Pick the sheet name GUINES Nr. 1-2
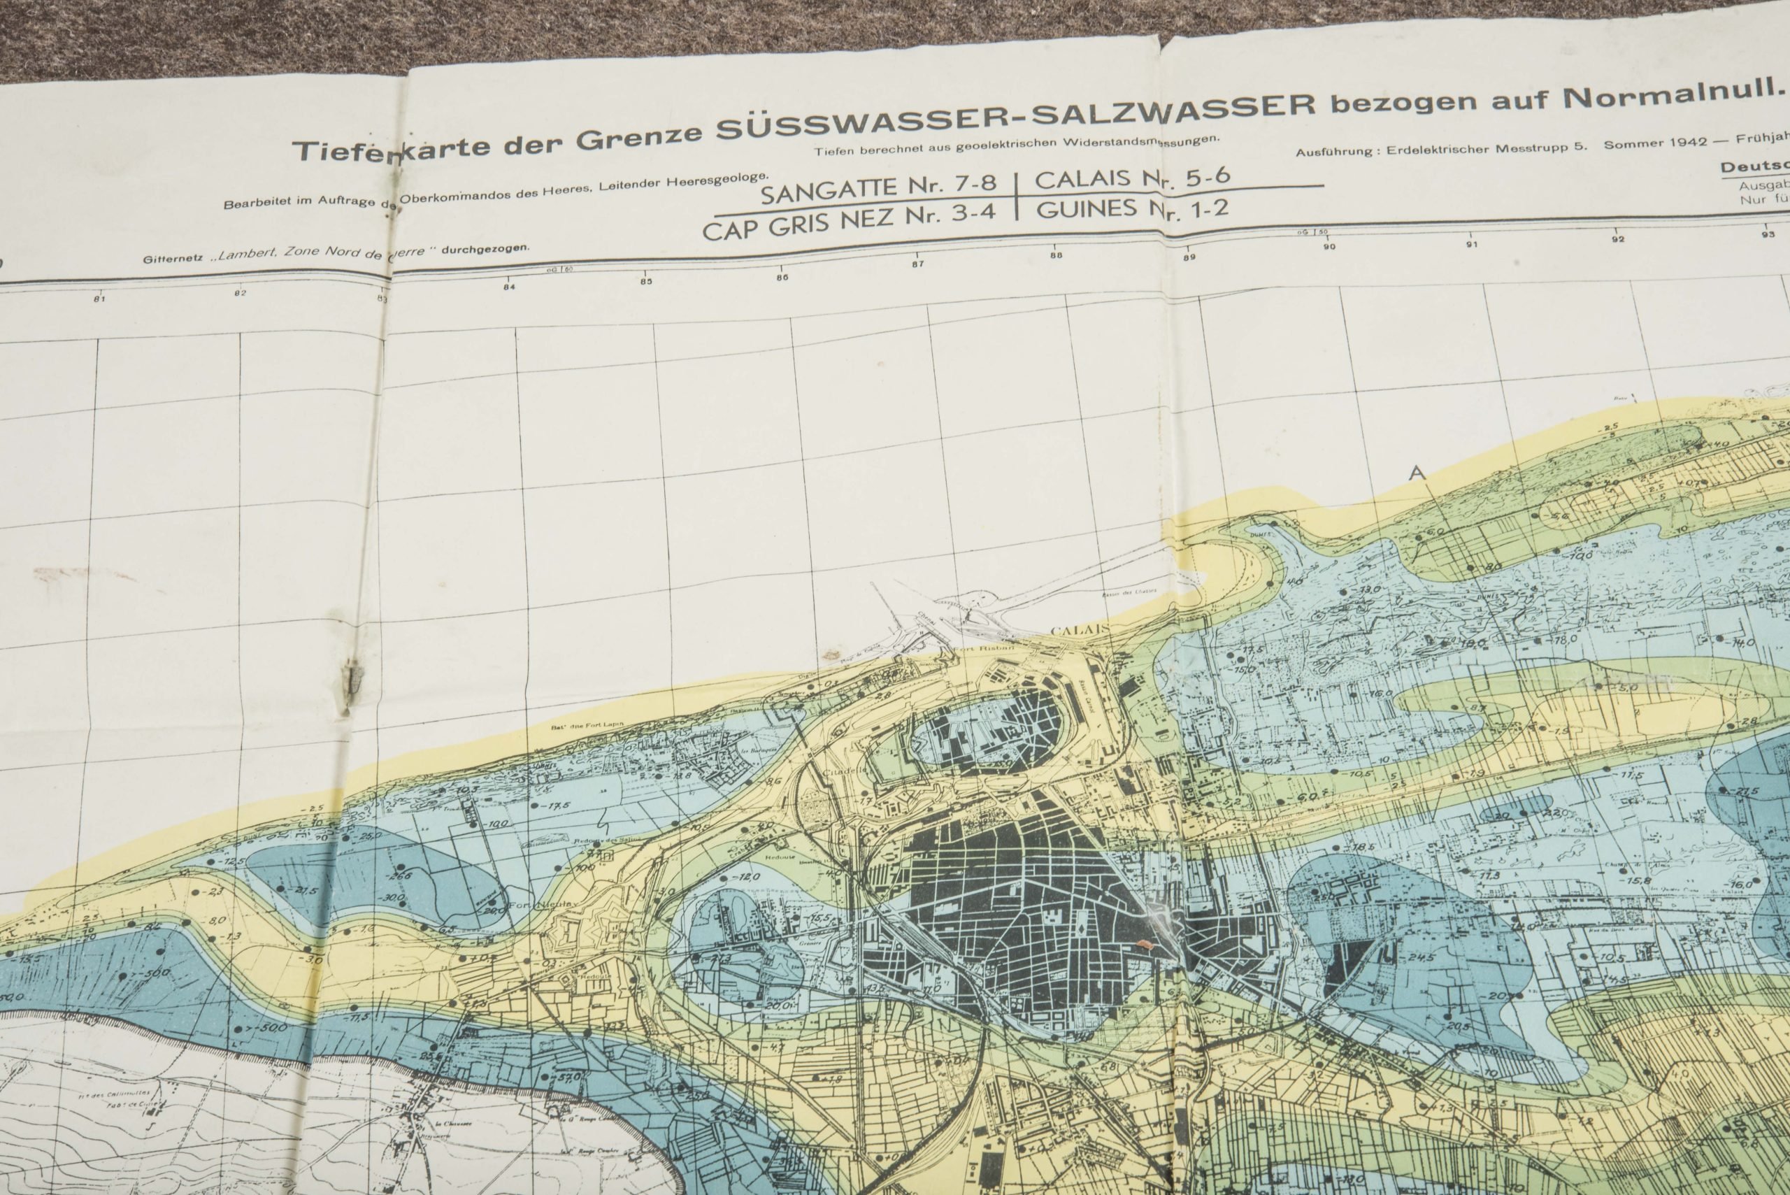(x=1132, y=209)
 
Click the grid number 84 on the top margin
(x=509, y=287)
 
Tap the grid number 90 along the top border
(x=1329, y=246)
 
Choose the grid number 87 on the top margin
(x=917, y=264)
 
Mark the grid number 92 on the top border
(x=1617, y=239)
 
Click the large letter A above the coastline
(x=1417, y=473)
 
